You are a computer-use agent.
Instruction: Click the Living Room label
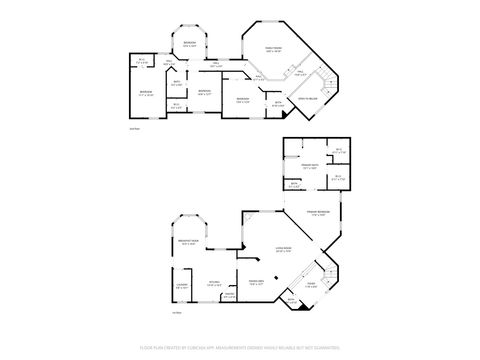coord(283,249)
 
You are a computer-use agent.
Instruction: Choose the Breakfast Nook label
coord(187,243)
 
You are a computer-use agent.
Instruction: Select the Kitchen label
coord(213,284)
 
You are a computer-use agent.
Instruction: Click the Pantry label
coord(230,295)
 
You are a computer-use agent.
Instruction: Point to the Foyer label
coord(312,286)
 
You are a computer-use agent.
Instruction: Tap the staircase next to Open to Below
coord(326,81)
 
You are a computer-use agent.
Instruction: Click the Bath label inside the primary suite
coord(294,184)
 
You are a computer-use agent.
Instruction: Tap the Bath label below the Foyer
coord(291,301)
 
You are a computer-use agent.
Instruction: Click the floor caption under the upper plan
coord(134,129)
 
